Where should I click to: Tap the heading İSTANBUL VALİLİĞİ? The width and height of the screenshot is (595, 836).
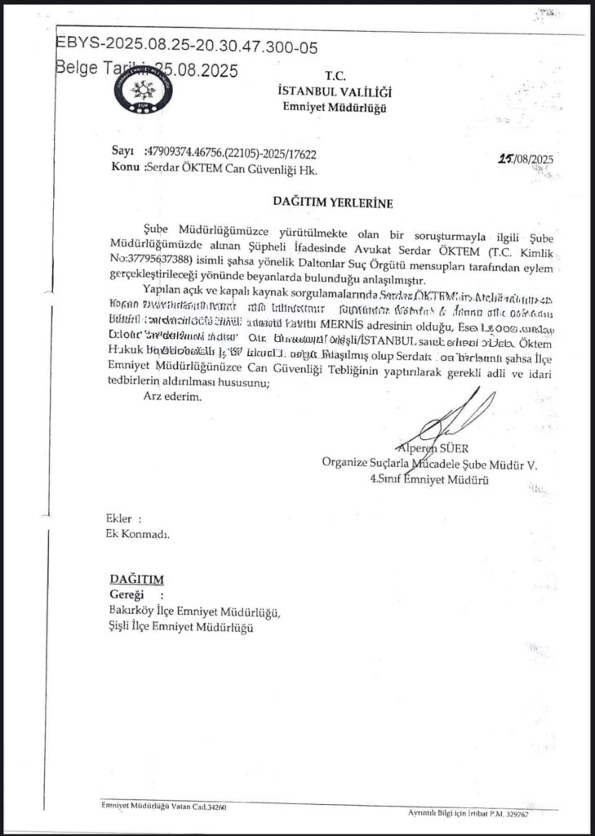(335, 92)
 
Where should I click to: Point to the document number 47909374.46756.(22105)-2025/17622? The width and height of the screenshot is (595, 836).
(230, 153)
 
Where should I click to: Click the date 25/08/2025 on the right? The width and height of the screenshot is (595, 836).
(525, 160)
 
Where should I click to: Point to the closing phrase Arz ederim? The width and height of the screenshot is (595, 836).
(170, 397)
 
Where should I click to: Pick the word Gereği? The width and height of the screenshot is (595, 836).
(127, 594)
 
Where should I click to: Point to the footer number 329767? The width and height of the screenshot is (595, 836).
(534, 814)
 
